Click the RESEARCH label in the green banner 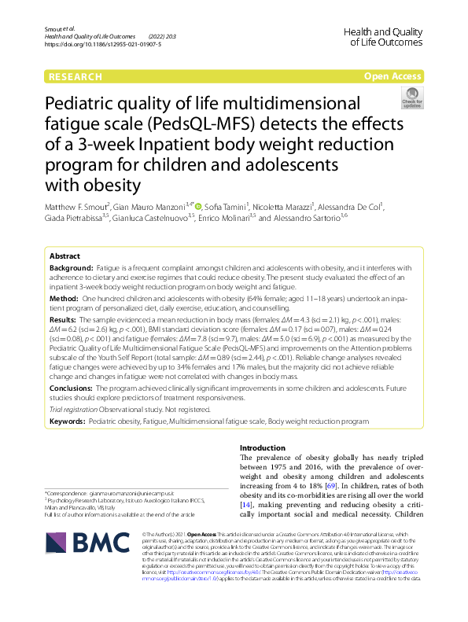pos(75,76)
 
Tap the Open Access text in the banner pos(392,76)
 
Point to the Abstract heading pos(64,257)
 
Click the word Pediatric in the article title pos(87,105)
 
